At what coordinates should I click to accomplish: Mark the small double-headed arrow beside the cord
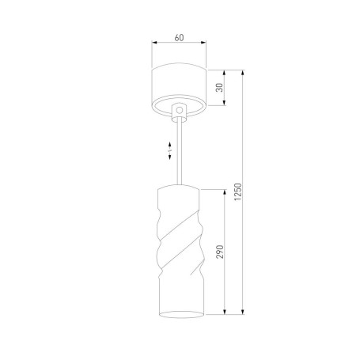[172, 150]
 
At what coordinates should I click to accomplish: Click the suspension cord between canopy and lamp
[180, 154]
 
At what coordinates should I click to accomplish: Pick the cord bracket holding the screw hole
[179, 113]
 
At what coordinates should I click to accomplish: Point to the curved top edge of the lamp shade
[180, 187]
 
